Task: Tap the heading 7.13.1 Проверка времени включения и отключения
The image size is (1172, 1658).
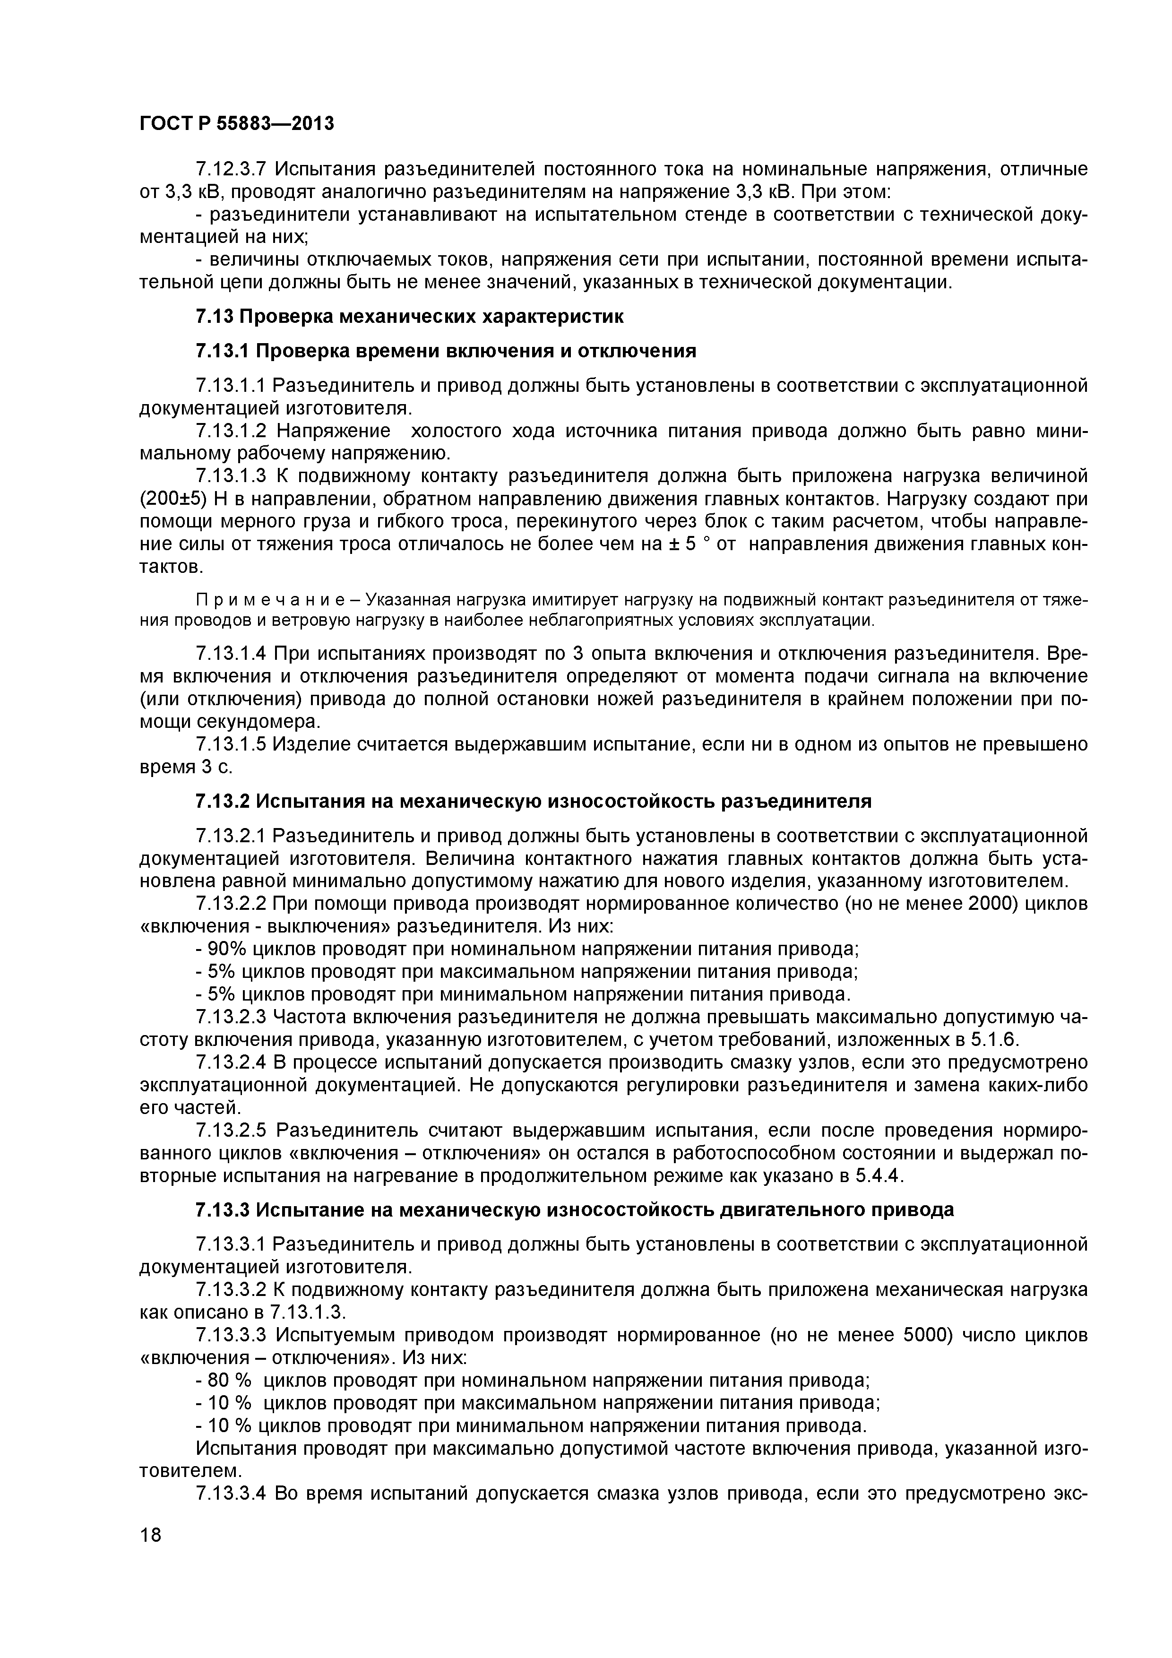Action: click(x=446, y=351)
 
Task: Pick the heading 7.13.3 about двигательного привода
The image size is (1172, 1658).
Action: click(x=574, y=1209)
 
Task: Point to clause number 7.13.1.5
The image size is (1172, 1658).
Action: click(x=231, y=744)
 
